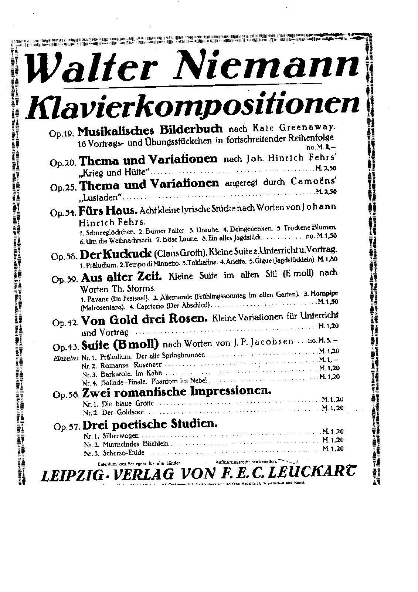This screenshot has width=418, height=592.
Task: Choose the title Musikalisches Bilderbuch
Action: pyautogui.click(x=151, y=129)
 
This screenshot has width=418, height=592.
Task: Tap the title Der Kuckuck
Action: pyautogui.click(x=116, y=254)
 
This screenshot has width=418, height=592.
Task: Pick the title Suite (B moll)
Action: pyautogui.click(x=120, y=345)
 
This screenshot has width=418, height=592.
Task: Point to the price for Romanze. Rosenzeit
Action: pyautogui.click(x=329, y=360)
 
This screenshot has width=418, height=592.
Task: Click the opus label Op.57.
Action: pyautogui.click(x=67, y=427)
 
